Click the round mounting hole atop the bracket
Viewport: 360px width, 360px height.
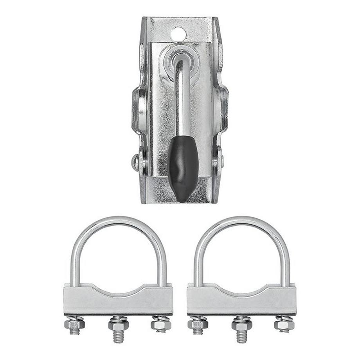[178, 34]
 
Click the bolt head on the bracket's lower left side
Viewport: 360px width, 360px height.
[136, 162]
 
